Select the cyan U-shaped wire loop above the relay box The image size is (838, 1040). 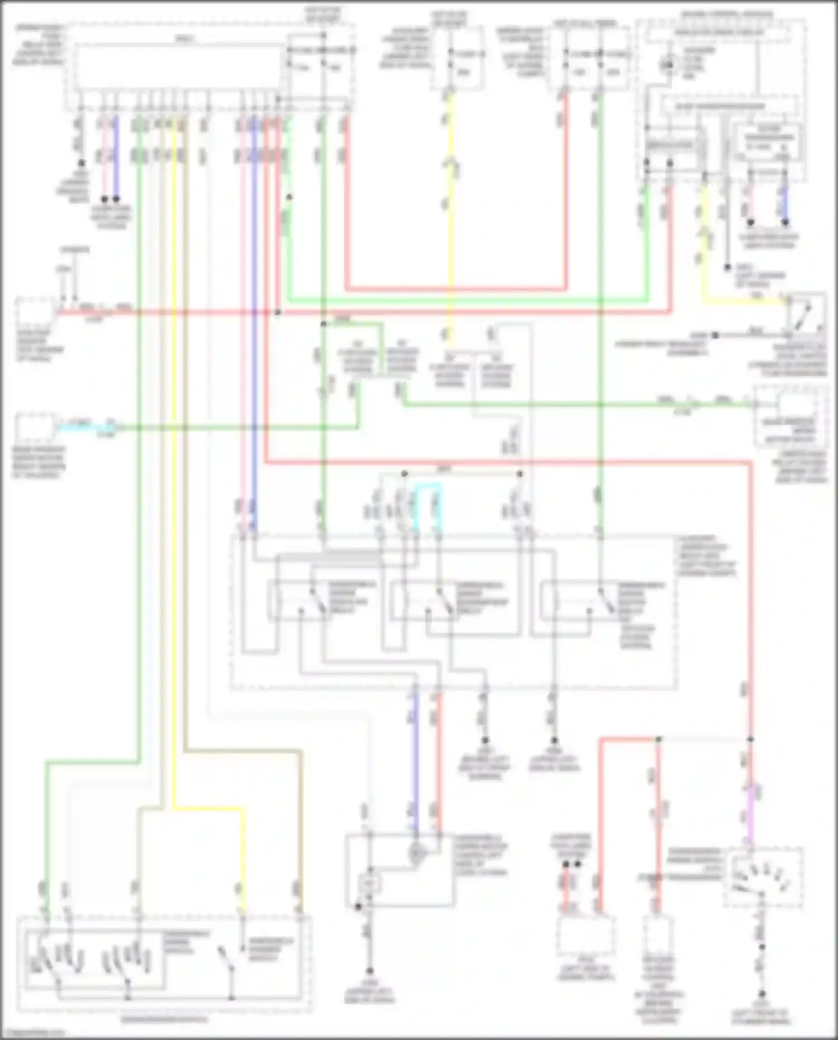(x=428, y=488)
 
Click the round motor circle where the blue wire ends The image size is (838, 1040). (x=416, y=853)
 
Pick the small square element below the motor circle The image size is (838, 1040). (x=369, y=883)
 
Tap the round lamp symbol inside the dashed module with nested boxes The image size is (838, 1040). (x=666, y=65)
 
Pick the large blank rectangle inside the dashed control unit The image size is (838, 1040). (x=179, y=68)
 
